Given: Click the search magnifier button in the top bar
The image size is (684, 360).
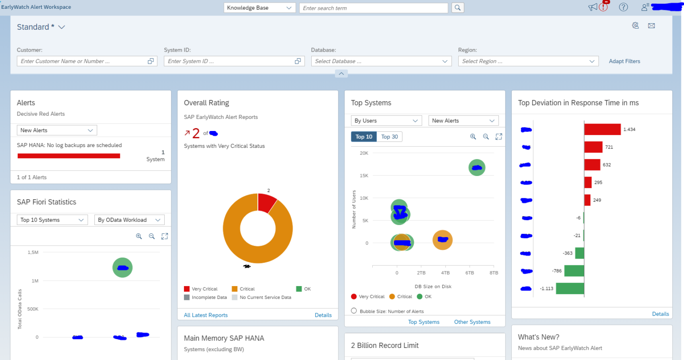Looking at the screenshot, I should coord(457,8).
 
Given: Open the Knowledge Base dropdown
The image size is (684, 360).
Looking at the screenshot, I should coord(259,8).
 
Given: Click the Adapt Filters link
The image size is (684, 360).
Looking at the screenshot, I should coord(624,61).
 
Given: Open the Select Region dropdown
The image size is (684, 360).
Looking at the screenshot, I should coord(528,61).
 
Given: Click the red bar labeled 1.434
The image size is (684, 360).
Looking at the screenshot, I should coord(602,129).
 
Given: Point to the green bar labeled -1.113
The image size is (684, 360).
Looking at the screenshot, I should coord(570,288).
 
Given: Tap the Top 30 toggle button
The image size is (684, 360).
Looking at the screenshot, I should coord(389,137).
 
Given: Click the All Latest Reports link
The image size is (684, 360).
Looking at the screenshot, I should coord(206,315).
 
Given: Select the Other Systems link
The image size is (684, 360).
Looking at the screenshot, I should coord(472,322).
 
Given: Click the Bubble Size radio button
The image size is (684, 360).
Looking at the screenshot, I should coord(354,311).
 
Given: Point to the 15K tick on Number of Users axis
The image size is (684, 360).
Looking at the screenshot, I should coord(364,176).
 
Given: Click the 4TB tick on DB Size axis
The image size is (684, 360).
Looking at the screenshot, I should coord(445,273).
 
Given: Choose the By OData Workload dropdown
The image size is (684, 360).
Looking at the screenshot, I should coord(129,220).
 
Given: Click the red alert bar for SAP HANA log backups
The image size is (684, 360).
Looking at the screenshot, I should coord(69,156).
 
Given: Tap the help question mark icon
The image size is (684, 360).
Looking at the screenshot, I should coord(623,7).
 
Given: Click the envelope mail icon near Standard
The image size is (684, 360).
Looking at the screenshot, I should coord(651,26).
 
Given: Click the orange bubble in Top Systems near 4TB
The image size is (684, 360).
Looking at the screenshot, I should coord(442,240).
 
